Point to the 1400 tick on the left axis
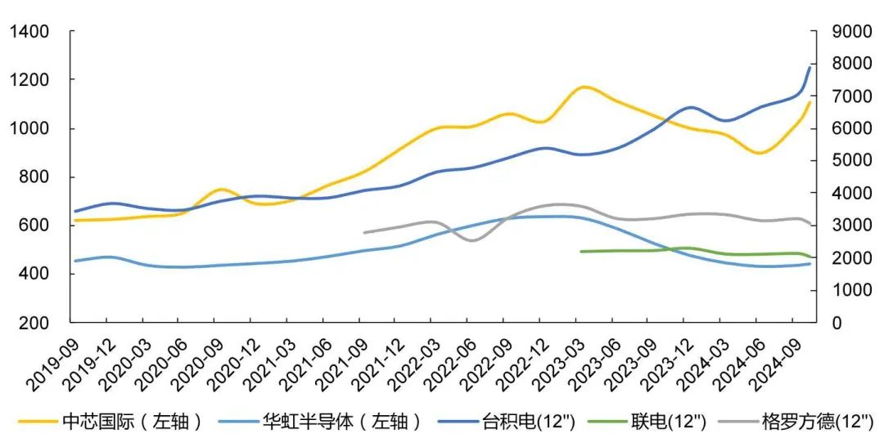click(29, 32)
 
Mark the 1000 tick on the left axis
click(29, 129)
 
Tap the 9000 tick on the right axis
click(849, 32)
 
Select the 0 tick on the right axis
click(836, 323)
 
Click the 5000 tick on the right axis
click(849, 161)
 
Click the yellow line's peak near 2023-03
click(584, 87)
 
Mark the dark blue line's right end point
click(810, 67)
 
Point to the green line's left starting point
click(580, 252)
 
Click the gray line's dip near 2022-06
click(471, 240)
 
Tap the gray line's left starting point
click(364, 233)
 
